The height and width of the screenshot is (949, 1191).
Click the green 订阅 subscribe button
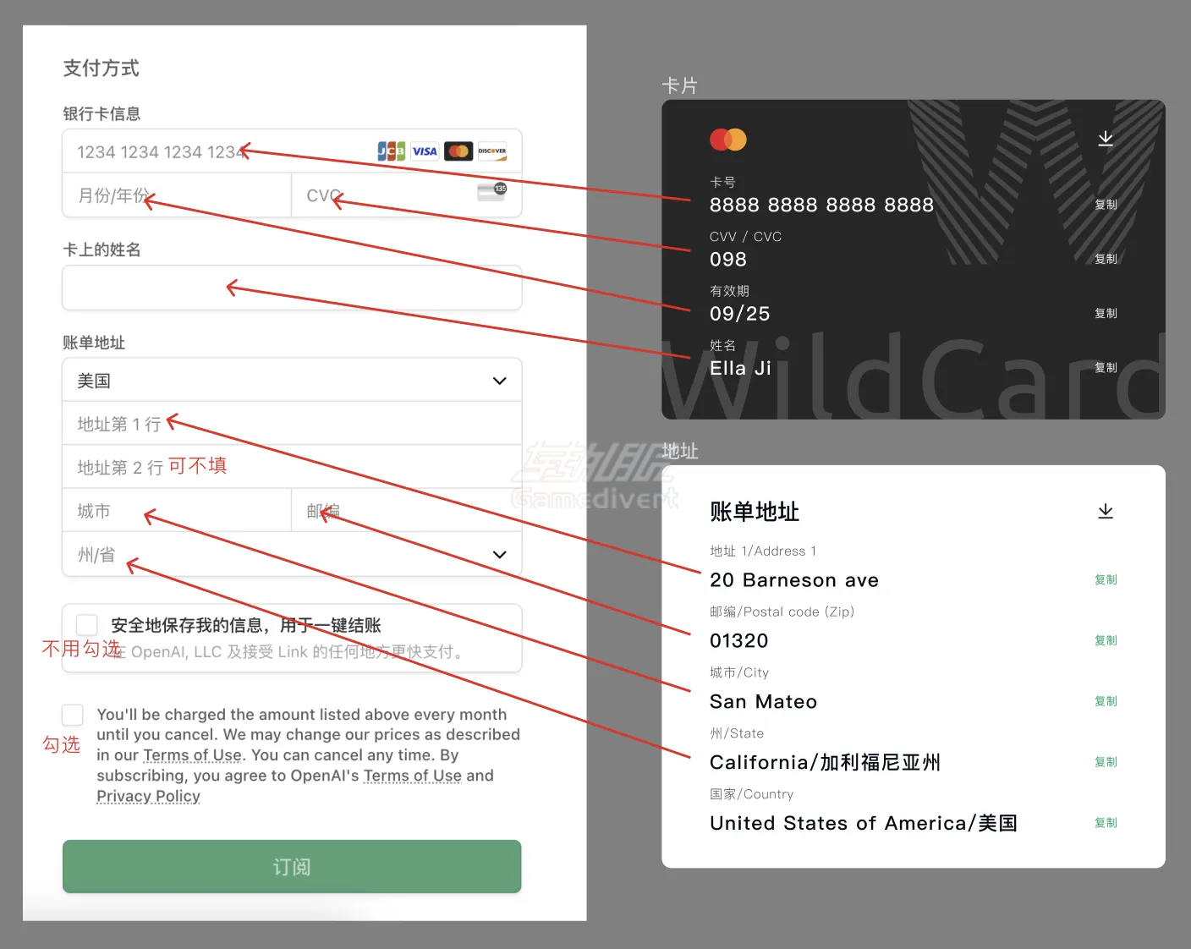(292, 866)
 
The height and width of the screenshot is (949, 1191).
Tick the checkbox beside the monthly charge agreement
(73, 715)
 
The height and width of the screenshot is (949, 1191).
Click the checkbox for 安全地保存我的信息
(87, 625)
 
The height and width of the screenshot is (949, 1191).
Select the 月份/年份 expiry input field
(176, 195)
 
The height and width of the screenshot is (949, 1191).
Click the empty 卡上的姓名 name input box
(292, 288)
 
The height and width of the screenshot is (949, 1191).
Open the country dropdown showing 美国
(292, 381)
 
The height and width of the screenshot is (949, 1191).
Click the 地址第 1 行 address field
(292, 424)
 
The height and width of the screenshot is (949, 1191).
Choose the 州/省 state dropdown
(292, 555)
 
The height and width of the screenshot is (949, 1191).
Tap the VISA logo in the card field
(425, 151)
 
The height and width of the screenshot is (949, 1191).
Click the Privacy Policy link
(148, 796)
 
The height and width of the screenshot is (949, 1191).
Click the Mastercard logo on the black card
(727, 140)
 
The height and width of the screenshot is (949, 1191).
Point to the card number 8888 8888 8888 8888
(821, 205)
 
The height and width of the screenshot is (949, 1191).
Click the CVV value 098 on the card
(728, 260)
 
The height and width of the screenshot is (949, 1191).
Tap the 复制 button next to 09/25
(1106, 313)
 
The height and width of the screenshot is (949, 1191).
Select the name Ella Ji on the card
(740, 368)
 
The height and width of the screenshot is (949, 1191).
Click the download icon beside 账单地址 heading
(1105, 512)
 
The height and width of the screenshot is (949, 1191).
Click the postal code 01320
(738, 641)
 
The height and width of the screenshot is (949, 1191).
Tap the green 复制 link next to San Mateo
(1106, 701)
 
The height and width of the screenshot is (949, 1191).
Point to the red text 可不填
(197, 466)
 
